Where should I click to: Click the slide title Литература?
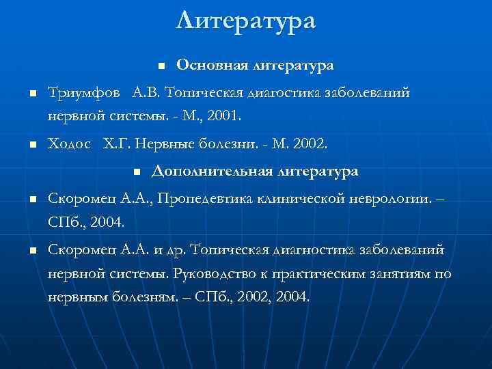246,20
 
